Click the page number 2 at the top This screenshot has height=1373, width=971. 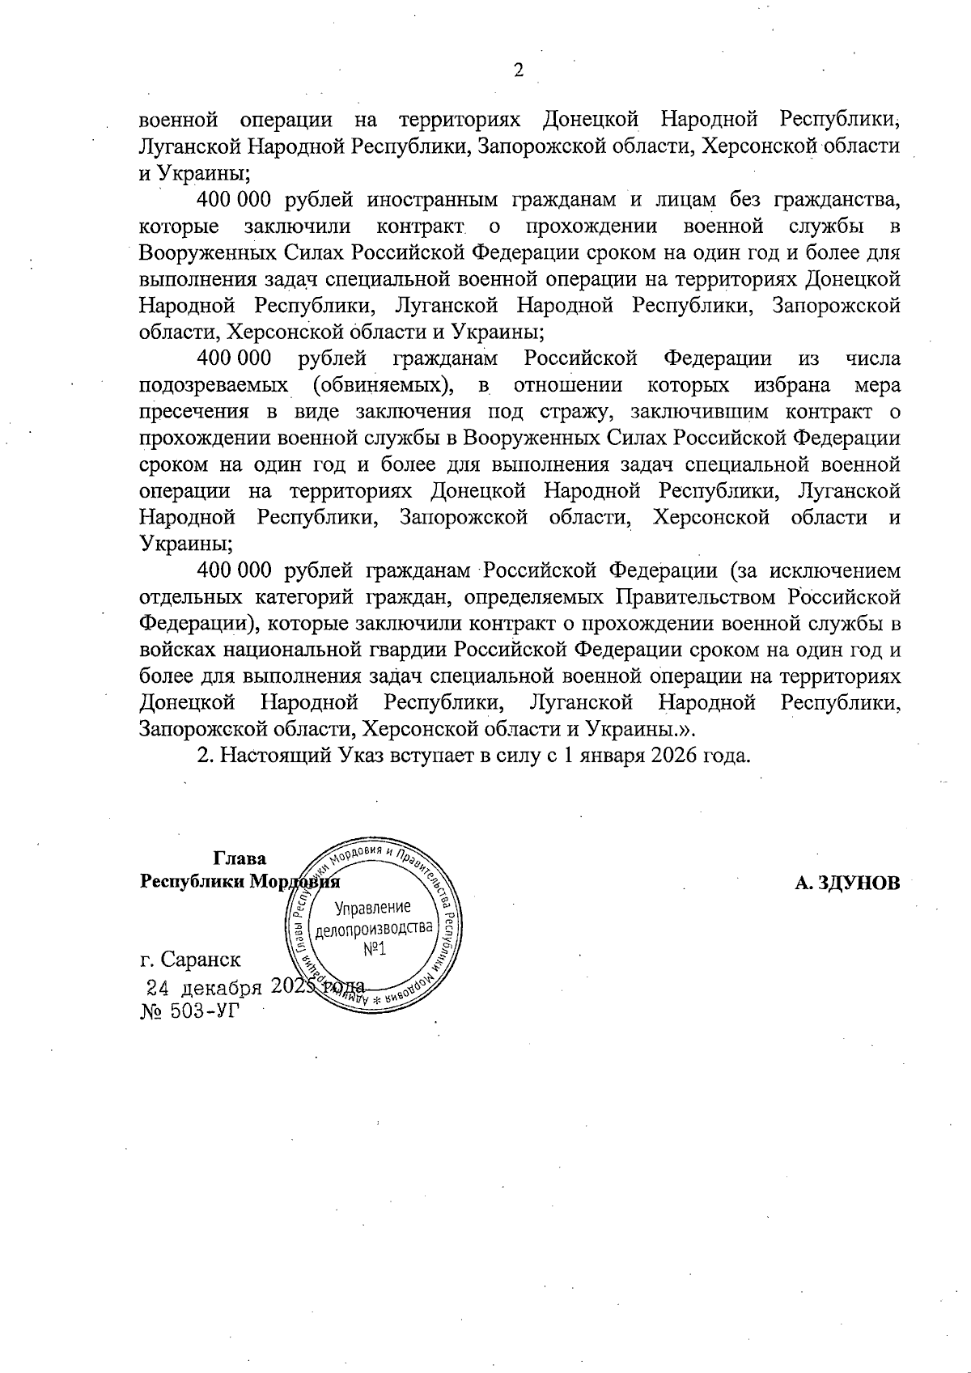(519, 70)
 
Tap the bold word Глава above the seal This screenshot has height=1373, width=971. (240, 858)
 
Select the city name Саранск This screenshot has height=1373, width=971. (201, 960)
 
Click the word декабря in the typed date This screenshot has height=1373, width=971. (221, 988)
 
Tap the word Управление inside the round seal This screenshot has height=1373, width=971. (373, 907)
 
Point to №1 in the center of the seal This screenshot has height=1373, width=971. (374, 948)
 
